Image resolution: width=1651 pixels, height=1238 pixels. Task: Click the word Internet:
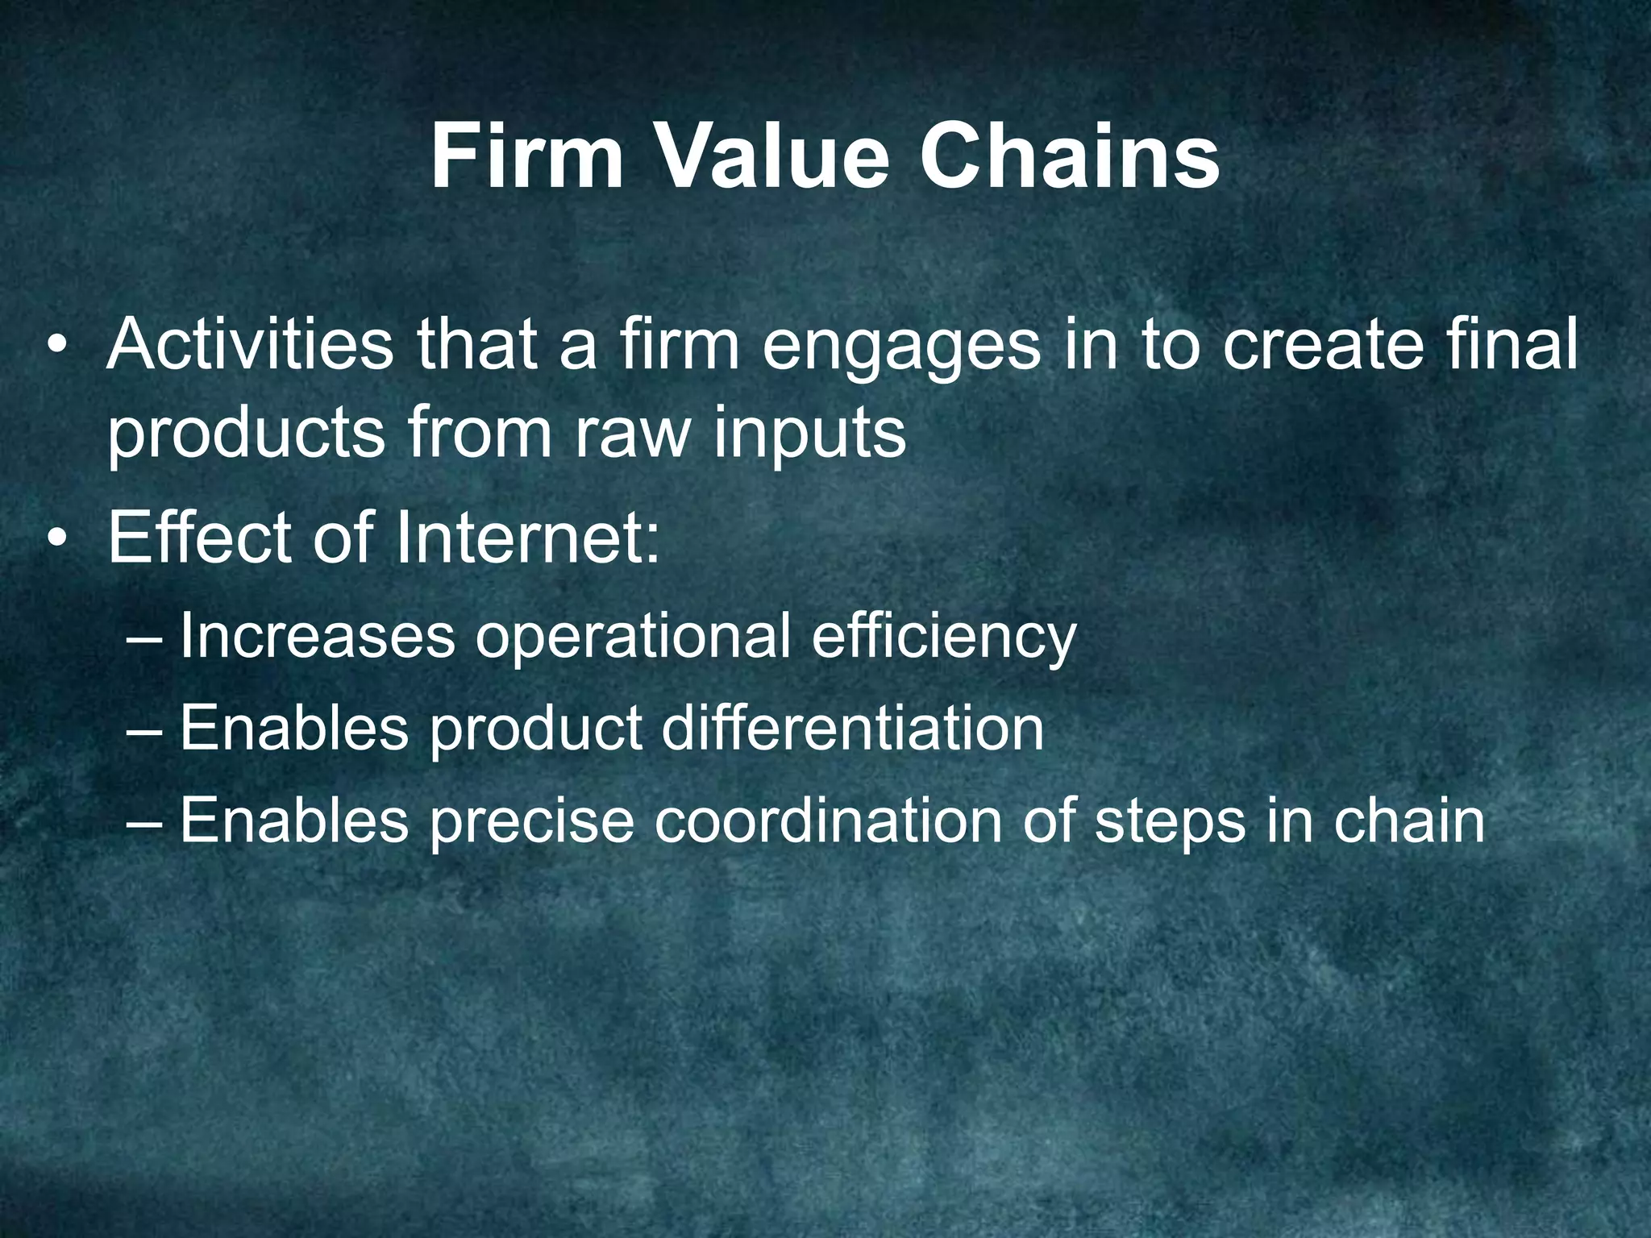527,538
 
